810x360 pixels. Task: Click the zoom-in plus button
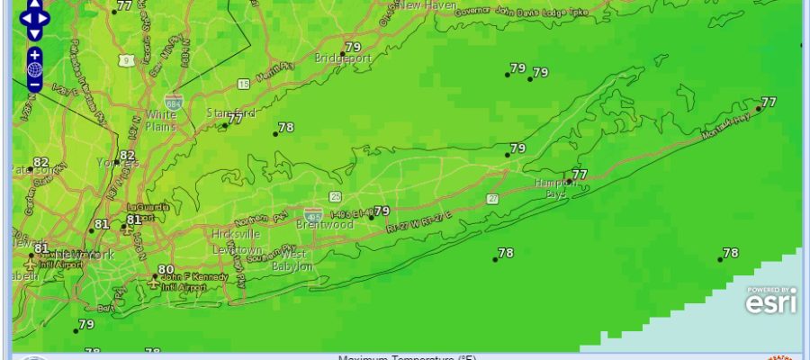[34, 55]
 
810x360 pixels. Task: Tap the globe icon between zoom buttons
[34, 69]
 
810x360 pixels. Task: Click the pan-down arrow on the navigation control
[34, 33]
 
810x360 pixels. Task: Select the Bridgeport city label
[343, 58]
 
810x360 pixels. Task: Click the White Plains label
[160, 121]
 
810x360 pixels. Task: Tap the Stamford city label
[230, 113]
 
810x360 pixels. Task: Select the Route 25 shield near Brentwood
[335, 195]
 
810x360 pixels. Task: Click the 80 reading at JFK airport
[166, 269]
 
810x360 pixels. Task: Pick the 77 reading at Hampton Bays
[580, 174]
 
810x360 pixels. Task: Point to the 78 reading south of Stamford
[286, 127]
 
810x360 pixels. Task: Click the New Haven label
[423, 5]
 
